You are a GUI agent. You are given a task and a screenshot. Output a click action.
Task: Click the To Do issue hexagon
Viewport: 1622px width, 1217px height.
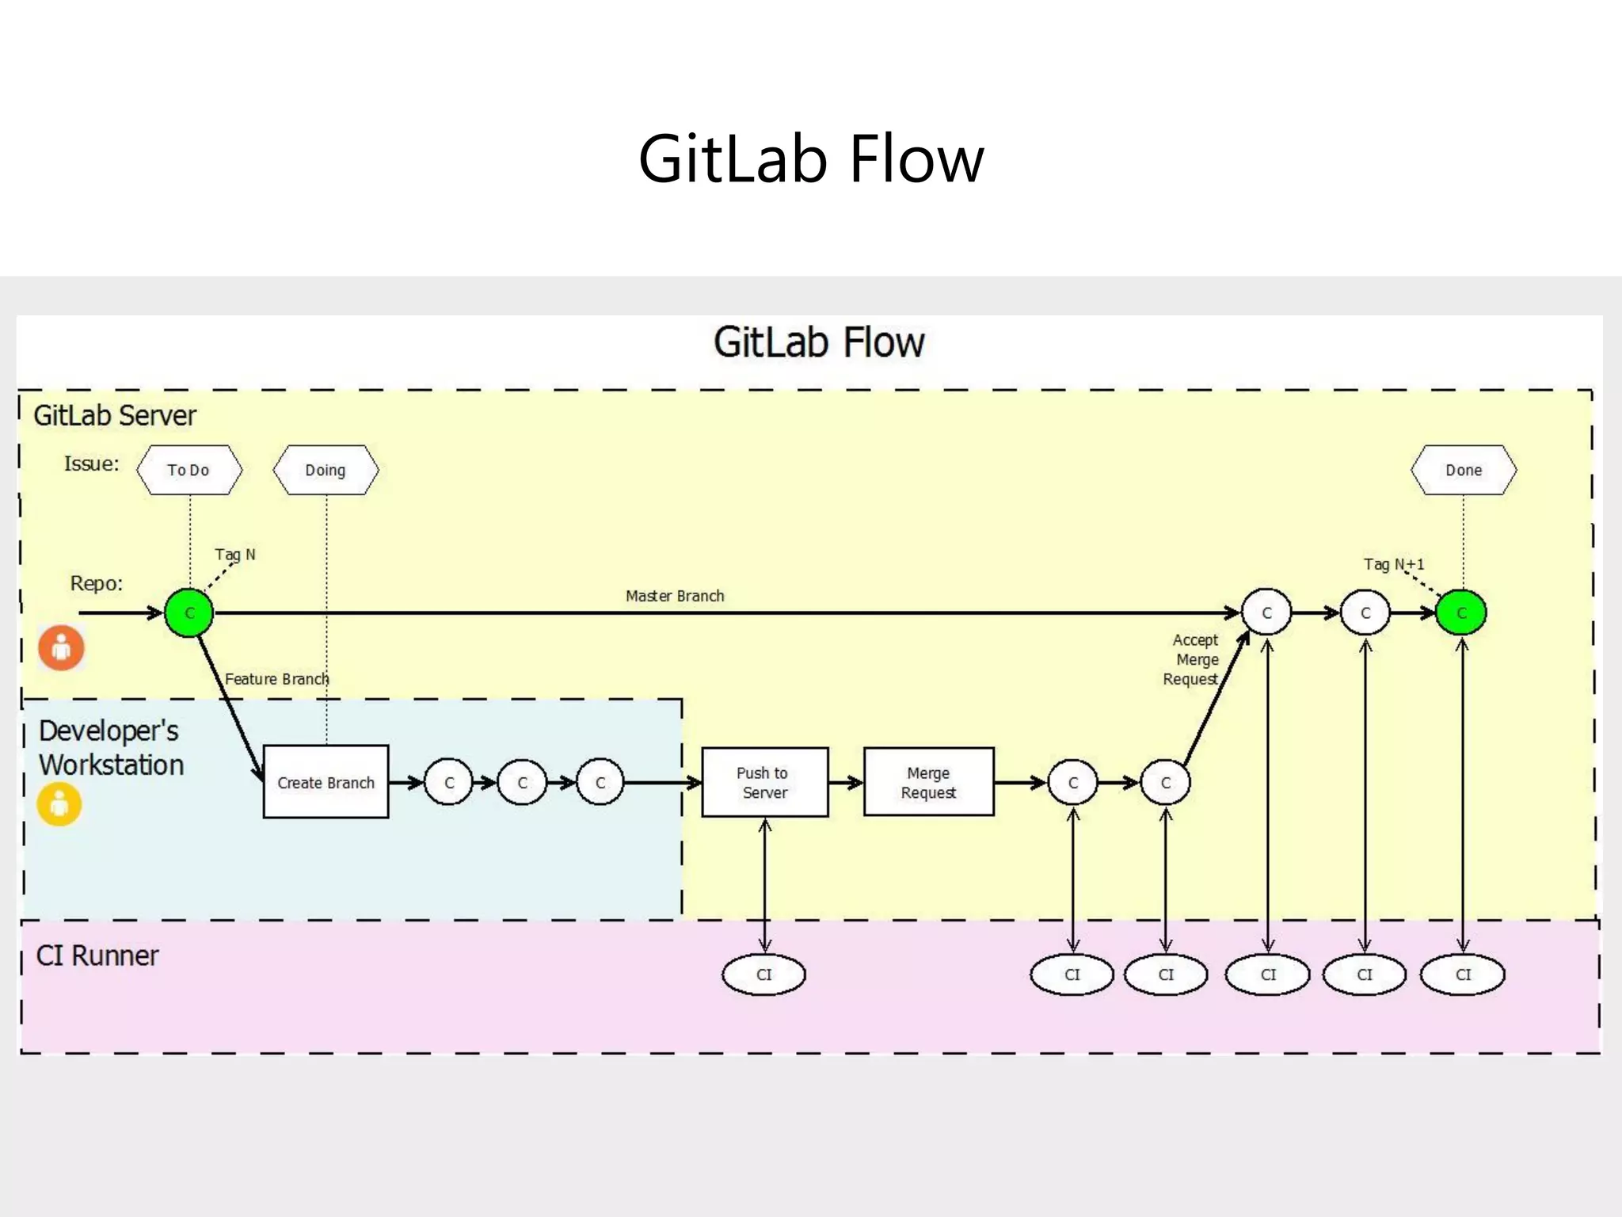[188, 470]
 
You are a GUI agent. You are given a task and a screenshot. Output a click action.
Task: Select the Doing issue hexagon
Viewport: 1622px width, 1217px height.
[326, 470]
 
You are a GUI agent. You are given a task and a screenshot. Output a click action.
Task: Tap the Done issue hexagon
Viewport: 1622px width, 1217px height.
[1463, 470]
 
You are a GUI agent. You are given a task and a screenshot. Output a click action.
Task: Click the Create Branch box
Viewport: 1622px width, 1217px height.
[326, 782]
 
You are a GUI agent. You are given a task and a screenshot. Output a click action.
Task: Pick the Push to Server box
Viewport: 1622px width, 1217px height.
[764, 782]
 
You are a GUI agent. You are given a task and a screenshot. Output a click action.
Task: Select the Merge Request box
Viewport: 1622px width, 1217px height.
[928, 782]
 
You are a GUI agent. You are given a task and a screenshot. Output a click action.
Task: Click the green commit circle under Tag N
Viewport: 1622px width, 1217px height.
[188, 612]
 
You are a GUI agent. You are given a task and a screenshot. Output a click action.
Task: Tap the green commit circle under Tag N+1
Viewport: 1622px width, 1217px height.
[1461, 612]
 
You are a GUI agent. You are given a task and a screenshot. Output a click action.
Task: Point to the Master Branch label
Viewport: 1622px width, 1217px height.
[675, 596]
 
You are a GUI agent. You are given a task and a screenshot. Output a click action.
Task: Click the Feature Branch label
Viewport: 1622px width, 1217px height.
[276, 679]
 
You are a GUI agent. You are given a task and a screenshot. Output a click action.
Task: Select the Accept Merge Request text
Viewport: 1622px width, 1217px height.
[1192, 659]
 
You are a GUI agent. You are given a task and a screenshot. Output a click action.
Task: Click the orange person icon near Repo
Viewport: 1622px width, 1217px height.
[61, 647]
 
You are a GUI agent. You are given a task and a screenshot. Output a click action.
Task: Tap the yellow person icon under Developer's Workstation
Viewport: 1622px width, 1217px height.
[59, 804]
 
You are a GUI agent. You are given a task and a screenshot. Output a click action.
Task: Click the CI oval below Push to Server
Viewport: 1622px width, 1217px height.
[763, 975]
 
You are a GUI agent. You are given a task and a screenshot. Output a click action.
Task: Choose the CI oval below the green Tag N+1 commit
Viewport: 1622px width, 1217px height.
[1462, 975]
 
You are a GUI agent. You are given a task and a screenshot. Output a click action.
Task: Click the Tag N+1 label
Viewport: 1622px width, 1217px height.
[1393, 564]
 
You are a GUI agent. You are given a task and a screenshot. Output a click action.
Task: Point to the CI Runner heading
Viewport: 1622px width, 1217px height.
[97, 956]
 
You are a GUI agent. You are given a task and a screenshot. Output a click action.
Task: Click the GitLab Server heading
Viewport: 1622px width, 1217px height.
[115, 415]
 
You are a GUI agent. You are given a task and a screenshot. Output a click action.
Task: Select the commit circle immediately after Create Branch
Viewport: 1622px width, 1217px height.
[449, 782]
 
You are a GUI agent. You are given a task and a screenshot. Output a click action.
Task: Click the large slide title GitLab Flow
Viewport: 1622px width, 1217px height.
[811, 158]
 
